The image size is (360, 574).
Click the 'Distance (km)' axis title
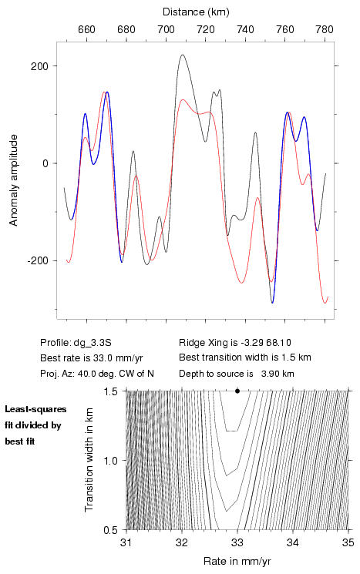click(x=196, y=12)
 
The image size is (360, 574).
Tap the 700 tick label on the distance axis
click(x=166, y=29)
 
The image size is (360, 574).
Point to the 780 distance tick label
click(x=325, y=29)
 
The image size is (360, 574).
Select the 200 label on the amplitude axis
click(x=39, y=66)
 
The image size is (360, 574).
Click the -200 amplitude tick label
click(x=37, y=261)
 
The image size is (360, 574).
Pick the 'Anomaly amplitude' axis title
click(x=14, y=180)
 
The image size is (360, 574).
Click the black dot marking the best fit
click(x=237, y=391)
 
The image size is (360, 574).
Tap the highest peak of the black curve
click(x=183, y=55)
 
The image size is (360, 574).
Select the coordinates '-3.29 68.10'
click(x=265, y=343)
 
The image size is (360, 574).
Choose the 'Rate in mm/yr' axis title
click(x=237, y=561)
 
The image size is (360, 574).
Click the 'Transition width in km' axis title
click(x=89, y=460)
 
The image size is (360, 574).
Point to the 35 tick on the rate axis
click(x=348, y=543)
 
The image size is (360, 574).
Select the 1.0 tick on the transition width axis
click(x=110, y=461)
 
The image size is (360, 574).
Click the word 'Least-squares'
click(x=36, y=409)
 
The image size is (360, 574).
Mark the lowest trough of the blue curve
click(x=272, y=302)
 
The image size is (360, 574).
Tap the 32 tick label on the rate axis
click(x=182, y=543)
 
